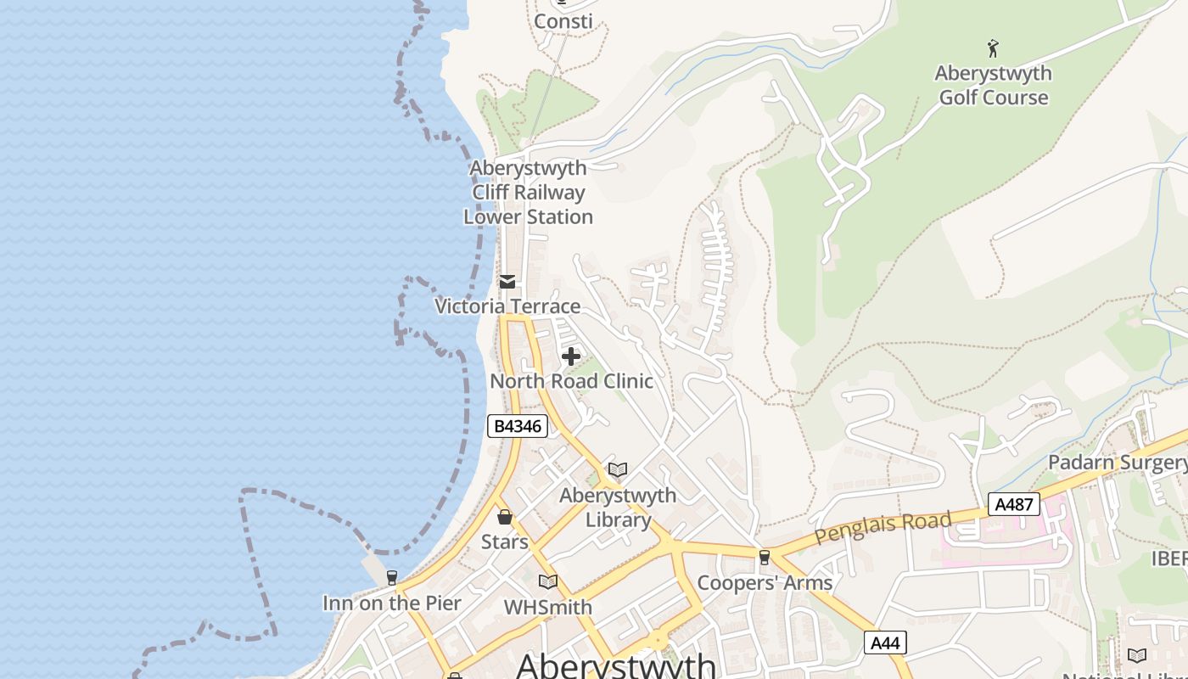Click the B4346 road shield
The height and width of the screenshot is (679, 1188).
coord(517,426)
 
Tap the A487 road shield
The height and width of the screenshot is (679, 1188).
coord(1013,504)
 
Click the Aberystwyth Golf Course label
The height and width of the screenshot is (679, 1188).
coord(993,85)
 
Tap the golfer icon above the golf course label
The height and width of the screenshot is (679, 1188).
coord(993,48)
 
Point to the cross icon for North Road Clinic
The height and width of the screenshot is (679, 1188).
coord(571,356)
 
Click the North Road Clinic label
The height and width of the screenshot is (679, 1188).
coord(571,381)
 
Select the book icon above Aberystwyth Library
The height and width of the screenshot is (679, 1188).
coord(618,469)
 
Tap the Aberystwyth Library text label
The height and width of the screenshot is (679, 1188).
coord(618,508)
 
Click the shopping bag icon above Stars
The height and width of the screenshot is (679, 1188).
coord(505,517)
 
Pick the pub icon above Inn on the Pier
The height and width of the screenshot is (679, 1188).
coord(391,578)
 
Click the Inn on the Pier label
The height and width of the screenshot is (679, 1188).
coord(391,603)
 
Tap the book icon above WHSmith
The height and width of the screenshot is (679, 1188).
coord(548,581)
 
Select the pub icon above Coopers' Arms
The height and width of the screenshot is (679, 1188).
coord(765,558)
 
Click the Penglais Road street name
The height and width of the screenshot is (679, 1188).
coord(883,528)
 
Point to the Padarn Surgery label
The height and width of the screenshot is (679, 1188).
coord(1117,463)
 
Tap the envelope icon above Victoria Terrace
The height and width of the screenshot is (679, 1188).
coord(507,282)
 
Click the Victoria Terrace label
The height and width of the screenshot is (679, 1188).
coord(507,306)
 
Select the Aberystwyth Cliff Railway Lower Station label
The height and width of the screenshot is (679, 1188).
coord(528,193)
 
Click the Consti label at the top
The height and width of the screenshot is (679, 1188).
coord(563,21)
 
